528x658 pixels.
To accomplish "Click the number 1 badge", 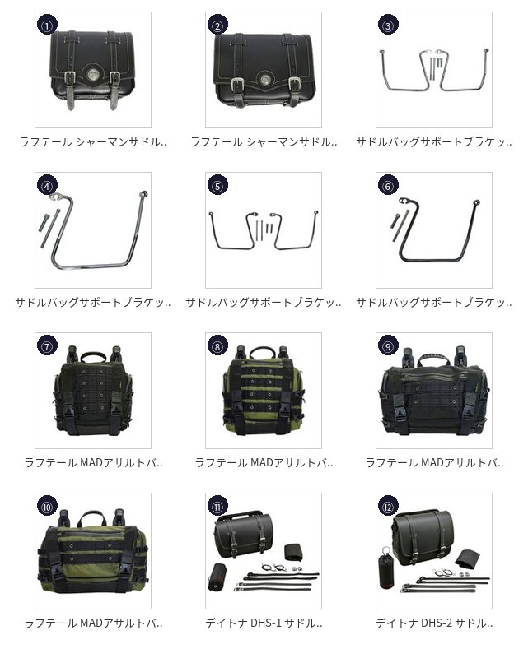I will (x=47, y=25).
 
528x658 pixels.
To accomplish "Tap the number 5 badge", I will (x=217, y=186).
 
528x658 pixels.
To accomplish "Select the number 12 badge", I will (x=388, y=507).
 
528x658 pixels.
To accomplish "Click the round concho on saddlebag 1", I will (x=93, y=81).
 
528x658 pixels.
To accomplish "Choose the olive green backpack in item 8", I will (x=263, y=390).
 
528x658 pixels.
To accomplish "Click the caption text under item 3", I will (x=433, y=141).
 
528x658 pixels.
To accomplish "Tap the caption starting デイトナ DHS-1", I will (x=263, y=623).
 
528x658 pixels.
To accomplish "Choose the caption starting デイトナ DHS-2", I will (x=433, y=623).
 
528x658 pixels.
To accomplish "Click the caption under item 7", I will (x=92, y=462).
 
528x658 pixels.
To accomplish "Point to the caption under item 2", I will (x=263, y=141).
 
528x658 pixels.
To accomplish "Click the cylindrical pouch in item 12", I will (x=387, y=572).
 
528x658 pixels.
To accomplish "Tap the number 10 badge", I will (x=47, y=507).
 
